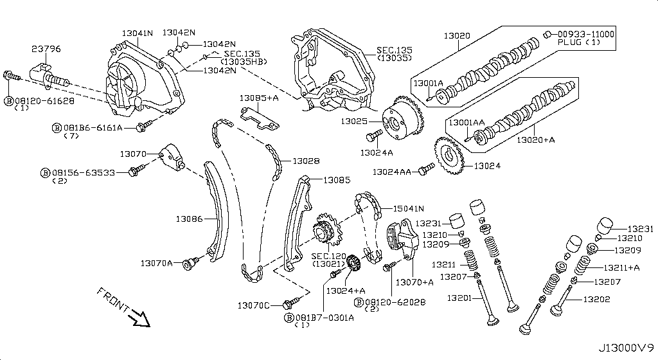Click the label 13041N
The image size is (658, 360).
pyautogui.click(x=137, y=32)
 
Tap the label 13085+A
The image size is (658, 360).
pyautogui.click(x=259, y=98)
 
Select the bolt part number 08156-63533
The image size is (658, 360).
pyautogui.click(x=84, y=172)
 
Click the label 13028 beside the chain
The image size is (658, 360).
pyautogui.click(x=306, y=161)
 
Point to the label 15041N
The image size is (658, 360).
pyautogui.click(x=409, y=208)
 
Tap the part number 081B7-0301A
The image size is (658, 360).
pyautogui.click(x=320, y=317)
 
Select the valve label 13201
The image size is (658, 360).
pyautogui.click(x=460, y=298)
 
